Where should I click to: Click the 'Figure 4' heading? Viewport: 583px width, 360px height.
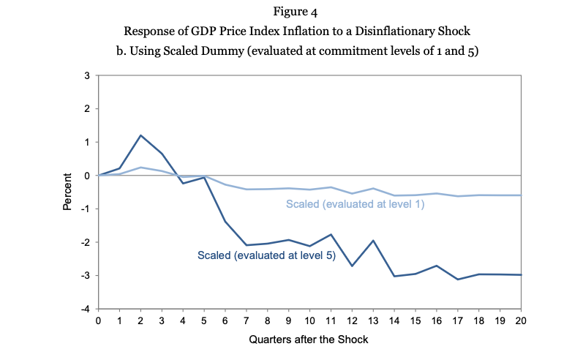click(296, 12)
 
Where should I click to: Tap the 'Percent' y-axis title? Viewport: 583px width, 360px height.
click(67, 192)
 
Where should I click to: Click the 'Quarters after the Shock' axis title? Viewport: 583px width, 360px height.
click(309, 340)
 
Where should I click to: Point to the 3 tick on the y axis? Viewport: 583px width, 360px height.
click(87, 76)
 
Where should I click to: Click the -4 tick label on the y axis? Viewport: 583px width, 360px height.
click(86, 309)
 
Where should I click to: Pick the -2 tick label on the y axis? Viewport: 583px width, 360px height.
click(86, 242)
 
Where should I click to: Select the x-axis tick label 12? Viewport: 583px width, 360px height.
click(352, 320)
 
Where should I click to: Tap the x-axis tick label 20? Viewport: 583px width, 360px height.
click(521, 320)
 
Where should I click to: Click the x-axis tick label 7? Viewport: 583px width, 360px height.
click(246, 320)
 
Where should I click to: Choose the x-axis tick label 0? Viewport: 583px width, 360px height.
click(98, 320)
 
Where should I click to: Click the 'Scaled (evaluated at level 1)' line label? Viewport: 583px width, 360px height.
click(355, 204)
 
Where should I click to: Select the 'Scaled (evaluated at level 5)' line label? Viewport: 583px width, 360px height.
click(266, 255)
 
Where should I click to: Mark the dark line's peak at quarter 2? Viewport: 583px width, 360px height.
click(140, 135)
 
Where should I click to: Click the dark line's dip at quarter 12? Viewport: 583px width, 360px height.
click(352, 266)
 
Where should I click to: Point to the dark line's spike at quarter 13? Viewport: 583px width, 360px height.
click(373, 240)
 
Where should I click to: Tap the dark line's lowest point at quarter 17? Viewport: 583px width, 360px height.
click(458, 280)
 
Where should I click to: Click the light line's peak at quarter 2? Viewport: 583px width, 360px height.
click(140, 168)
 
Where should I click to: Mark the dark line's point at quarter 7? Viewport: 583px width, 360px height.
click(246, 245)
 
